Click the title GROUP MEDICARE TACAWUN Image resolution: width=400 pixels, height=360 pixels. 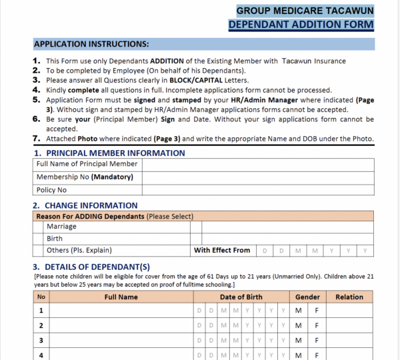305,11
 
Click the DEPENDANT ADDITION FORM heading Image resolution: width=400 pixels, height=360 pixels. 301,25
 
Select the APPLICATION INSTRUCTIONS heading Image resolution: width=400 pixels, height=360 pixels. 91,45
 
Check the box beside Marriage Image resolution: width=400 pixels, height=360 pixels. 39,227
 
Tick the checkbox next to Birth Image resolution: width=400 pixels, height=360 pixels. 39,239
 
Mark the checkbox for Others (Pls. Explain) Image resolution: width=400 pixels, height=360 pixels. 39,251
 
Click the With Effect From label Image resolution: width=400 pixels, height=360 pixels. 222,251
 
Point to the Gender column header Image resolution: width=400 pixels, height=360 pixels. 307,297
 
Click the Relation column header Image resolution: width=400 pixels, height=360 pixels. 349,297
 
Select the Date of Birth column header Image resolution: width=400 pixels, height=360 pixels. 241,297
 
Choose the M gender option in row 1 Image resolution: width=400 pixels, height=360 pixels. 298,311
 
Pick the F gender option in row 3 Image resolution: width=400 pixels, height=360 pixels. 317,341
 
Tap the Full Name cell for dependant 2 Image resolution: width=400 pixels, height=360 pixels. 121,326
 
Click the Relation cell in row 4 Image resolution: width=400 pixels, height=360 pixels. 349,355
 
